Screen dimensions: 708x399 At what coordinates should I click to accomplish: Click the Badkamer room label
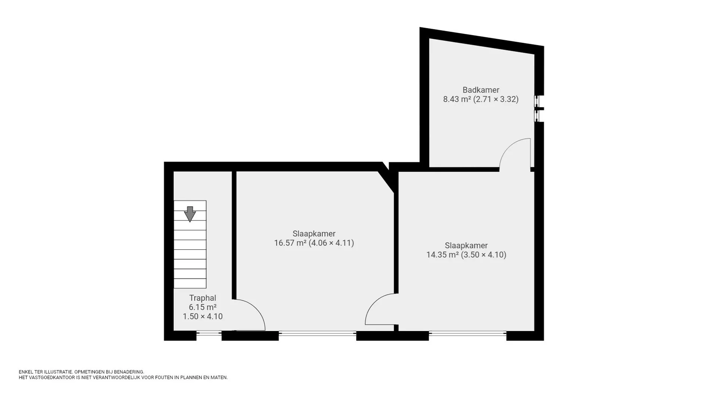tap(481, 90)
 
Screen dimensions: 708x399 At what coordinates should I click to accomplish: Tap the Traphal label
tap(202, 298)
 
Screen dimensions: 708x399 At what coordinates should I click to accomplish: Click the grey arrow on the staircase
tap(190, 214)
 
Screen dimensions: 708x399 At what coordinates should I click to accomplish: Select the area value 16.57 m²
tap(290, 243)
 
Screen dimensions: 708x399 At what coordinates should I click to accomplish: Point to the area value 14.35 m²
tap(442, 255)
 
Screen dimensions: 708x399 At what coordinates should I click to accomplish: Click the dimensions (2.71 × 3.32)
tap(496, 99)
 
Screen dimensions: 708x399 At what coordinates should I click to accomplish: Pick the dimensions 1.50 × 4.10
tap(202, 317)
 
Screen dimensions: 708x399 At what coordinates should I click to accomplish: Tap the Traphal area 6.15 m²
tap(202, 307)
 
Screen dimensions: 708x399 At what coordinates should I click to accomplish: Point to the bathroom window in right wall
tap(537, 109)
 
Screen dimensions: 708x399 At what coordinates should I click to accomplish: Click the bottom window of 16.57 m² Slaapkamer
tap(317, 333)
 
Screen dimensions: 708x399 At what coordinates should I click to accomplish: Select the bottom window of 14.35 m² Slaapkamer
tap(467, 333)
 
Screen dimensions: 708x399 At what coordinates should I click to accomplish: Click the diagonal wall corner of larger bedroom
tap(386, 177)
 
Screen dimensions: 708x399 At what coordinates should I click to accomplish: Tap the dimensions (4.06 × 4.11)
tap(331, 243)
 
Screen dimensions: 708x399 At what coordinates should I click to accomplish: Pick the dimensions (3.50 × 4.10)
tap(484, 255)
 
